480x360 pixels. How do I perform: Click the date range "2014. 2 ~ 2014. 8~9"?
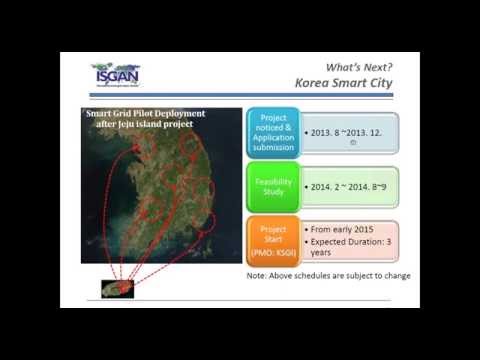(350, 186)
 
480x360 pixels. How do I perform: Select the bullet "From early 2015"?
(340, 232)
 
